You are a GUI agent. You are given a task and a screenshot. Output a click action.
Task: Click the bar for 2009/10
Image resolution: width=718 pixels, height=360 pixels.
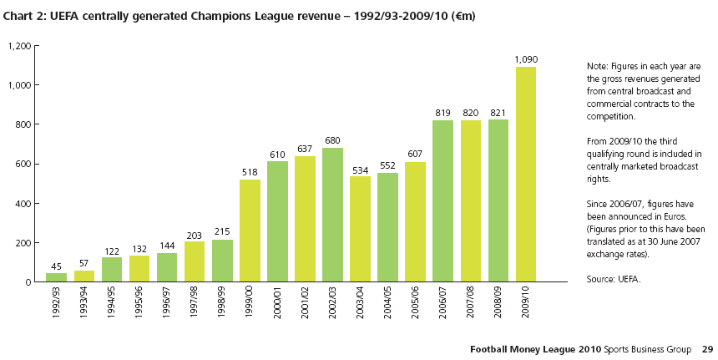525,175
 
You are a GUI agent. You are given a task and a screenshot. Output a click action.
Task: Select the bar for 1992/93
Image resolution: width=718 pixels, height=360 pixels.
57,277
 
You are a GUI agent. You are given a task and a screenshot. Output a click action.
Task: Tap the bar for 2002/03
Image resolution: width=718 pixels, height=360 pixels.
332,215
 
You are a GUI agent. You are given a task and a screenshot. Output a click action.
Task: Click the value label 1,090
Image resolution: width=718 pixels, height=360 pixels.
525,59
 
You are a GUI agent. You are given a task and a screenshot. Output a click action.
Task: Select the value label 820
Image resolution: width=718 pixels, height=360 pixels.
470,113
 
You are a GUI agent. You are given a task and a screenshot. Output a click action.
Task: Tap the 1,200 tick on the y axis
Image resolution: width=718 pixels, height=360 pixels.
19,46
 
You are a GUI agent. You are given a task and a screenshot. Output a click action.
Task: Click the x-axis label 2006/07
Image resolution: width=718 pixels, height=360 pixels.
443,308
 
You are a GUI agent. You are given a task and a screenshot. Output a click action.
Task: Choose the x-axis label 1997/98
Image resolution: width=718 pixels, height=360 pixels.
195,308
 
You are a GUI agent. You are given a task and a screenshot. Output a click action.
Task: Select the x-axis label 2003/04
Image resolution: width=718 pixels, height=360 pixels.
361,308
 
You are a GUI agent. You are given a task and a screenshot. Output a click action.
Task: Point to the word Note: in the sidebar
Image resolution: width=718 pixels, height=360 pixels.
598,66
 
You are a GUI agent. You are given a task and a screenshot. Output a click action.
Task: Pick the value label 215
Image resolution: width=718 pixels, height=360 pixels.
222,231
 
